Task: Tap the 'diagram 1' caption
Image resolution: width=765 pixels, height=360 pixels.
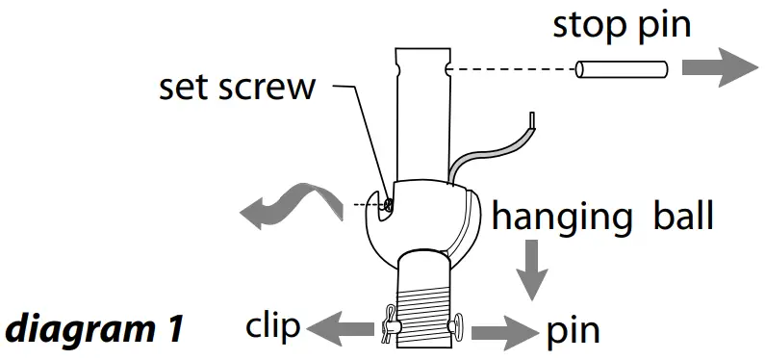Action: [93, 329]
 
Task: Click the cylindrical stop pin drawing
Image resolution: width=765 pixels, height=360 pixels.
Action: [622, 69]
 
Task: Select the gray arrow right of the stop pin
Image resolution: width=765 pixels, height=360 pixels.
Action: [720, 69]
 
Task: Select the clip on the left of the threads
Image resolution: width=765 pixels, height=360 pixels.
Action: [389, 325]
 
